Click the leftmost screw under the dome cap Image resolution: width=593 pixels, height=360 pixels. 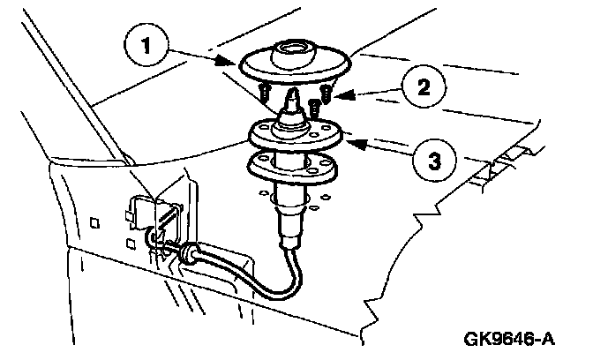click(x=265, y=90)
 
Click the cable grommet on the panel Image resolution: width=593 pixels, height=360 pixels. click(x=187, y=257)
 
